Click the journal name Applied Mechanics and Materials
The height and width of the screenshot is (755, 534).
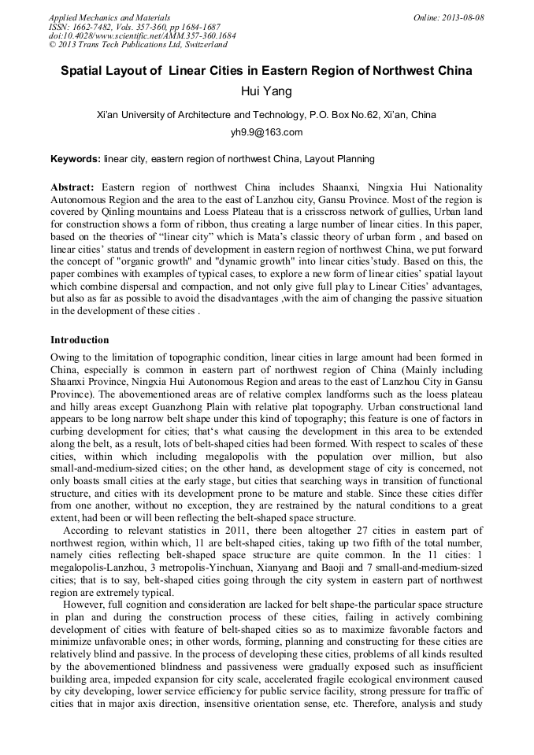(x=109, y=17)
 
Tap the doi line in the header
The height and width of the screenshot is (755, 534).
(x=142, y=35)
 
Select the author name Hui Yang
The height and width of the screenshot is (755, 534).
(x=266, y=91)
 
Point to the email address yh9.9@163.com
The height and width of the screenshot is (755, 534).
(x=266, y=132)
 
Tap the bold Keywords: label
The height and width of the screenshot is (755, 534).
(x=75, y=159)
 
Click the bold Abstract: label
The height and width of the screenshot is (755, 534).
(x=72, y=187)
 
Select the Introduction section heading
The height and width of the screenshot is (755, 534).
(x=80, y=340)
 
